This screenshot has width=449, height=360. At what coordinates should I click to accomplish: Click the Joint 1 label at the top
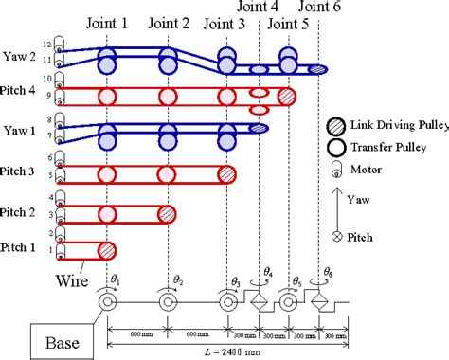108,23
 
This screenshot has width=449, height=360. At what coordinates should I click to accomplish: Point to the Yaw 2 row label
21,56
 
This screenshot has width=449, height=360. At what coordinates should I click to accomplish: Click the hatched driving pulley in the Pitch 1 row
107,250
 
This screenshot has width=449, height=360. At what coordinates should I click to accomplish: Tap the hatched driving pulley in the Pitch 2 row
166,213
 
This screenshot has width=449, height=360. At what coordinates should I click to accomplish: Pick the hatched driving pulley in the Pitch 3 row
226,173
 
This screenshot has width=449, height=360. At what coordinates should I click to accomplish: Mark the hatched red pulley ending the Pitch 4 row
287,96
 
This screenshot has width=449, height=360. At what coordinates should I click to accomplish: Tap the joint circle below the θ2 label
167,303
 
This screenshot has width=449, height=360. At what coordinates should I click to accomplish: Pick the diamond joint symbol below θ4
258,303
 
